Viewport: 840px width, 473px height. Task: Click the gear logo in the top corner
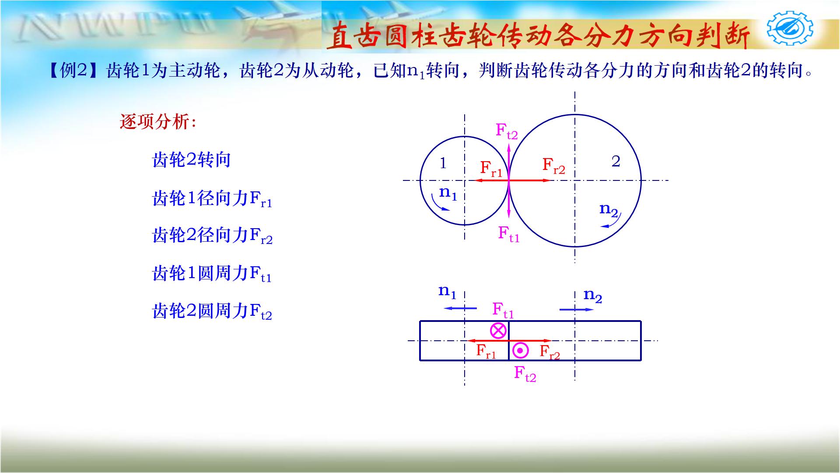pyautogui.click(x=790, y=28)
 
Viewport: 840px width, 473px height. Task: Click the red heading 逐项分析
pyautogui.click(x=158, y=122)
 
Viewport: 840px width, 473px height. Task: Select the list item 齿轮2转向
pyautogui.click(x=191, y=160)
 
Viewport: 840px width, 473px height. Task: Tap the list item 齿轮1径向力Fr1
pyautogui.click(x=212, y=199)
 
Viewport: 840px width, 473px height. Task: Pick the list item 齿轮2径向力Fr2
pyautogui.click(x=212, y=236)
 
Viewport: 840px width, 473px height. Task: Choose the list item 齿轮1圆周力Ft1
pyautogui.click(x=212, y=274)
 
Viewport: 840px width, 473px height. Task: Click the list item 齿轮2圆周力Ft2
pyautogui.click(x=212, y=312)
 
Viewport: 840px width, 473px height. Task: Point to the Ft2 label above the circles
pyautogui.click(x=507, y=131)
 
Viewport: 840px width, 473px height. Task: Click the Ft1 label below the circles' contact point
pyautogui.click(x=509, y=233)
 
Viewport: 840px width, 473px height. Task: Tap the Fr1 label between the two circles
pyautogui.click(x=491, y=169)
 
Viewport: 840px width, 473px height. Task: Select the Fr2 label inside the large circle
pyautogui.click(x=553, y=166)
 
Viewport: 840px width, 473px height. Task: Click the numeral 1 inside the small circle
pyautogui.click(x=443, y=163)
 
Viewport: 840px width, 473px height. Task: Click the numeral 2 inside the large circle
pyautogui.click(x=616, y=162)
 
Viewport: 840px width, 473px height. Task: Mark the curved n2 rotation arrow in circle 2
pyautogui.click(x=612, y=222)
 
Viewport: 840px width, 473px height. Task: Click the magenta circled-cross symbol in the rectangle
pyautogui.click(x=498, y=330)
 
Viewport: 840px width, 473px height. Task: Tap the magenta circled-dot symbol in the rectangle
pyautogui.click(x=520, y=350)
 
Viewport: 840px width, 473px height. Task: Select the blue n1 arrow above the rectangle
pyautogui.click(x=460, y=308)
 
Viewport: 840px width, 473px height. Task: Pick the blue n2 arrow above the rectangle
pyautogui.click(x=576, y=310)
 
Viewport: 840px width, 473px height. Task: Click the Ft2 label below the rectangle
pyautogui.click(x=525, y=374)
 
